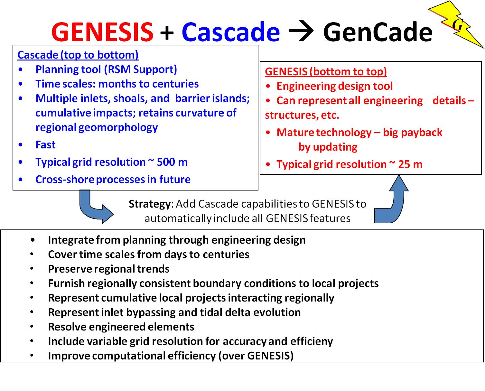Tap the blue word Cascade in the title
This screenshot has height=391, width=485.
click(230, 32)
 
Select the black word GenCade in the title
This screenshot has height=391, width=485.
click(378, 32)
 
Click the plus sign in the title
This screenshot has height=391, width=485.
click(167, 33)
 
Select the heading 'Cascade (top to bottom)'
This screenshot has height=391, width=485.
click(78, 55)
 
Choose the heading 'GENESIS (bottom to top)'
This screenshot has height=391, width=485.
click(326, 72)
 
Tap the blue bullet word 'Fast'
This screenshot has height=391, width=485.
click(45, 145)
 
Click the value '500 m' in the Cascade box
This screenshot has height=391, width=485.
click(172, 162)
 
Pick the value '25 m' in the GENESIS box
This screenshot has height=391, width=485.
click(410, 164)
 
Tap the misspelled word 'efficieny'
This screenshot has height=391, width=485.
click(312, 341)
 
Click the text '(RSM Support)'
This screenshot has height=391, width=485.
click(140, 70)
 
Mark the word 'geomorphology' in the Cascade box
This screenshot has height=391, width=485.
click(118, 128)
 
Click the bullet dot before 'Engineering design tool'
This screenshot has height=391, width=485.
click(268, 86)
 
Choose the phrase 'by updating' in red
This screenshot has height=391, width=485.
click(328, 147)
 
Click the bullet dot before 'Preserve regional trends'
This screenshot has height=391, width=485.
click(32, 269)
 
